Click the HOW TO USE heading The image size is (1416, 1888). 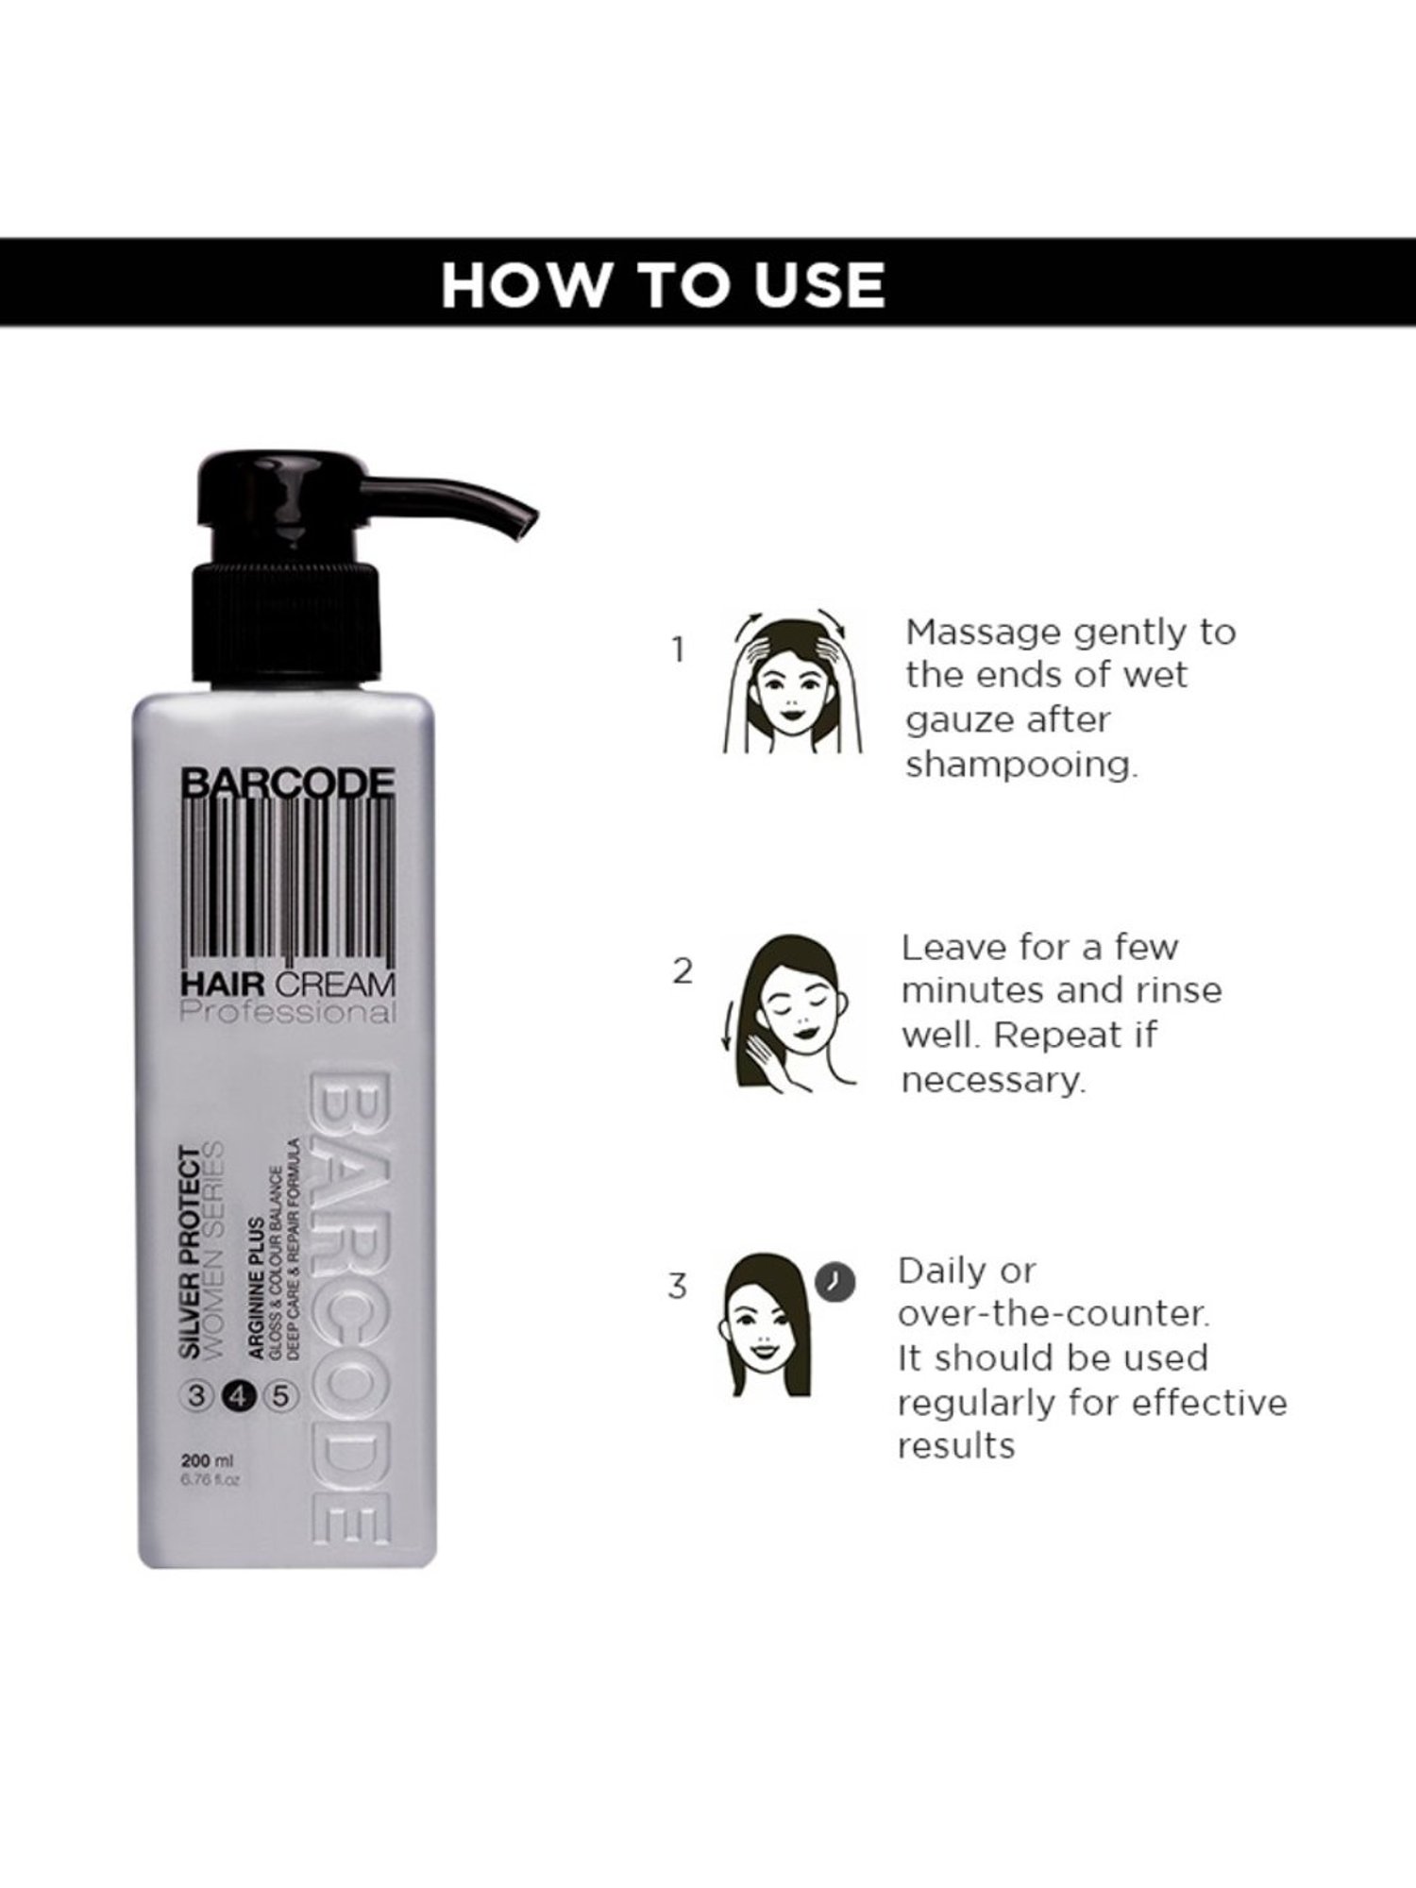click(663, 284)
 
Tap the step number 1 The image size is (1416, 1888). click(677, 649)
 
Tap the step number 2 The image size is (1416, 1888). click(682, 971)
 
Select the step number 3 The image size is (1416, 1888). click(677, 1287)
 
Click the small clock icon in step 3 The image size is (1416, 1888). click(834, 1281)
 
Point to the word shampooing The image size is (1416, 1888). click(1021, 765)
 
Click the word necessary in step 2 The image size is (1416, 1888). click(993, 1080)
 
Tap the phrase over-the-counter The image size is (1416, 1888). click(1052, 1314)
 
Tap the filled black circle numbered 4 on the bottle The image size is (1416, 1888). click(237, 1396)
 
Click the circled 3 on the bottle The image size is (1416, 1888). click(196, 1396)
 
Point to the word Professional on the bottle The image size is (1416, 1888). click(288, 1013)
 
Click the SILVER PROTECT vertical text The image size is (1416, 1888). click(191, 1252)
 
